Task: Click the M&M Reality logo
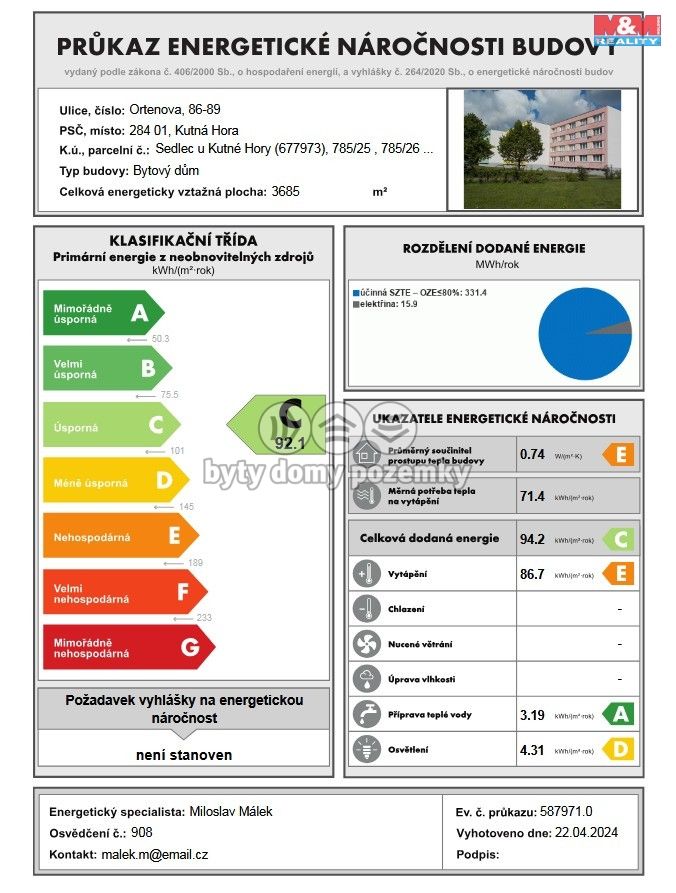[627, 30]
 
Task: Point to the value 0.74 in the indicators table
[532, 454]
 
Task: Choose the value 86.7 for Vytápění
[532, 575]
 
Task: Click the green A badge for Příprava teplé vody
[618, 714]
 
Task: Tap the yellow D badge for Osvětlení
[618, 750]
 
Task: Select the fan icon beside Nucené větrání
[365, 643]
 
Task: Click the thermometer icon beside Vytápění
[365, 575]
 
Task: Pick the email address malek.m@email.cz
[154, 855]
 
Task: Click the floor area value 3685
[285, 191]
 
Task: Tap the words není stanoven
[184, 755]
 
